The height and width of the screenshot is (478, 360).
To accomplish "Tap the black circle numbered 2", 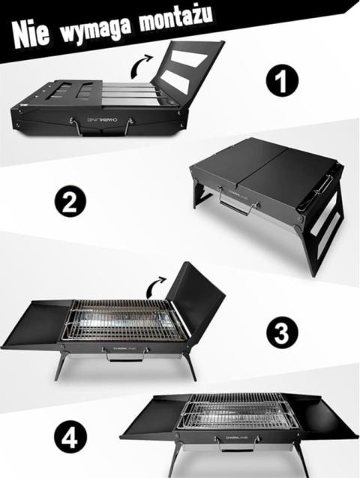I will (70, 201).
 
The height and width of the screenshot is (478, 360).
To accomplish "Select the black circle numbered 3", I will (283, 331).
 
